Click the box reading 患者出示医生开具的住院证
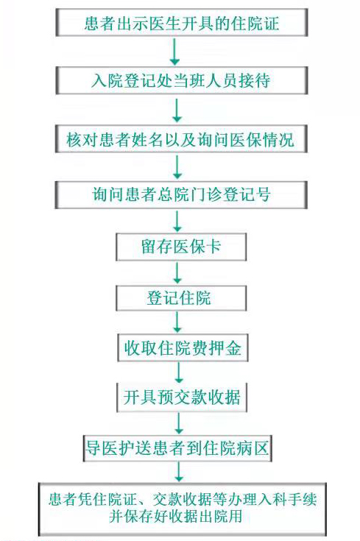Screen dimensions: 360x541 tap(182, 22)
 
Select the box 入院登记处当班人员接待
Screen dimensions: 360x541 tap(182, 80)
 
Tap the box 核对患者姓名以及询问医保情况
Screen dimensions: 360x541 tap(181, 138)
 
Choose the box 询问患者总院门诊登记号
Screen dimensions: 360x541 tap(181, 195)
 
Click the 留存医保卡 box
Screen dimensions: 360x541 tap(181, 247)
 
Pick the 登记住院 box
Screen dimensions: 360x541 tap(181, 298)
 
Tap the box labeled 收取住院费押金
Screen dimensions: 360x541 tap(183, 347)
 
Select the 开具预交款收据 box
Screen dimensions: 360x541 tap(182, 397)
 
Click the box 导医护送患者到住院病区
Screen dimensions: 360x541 tap(177, 448)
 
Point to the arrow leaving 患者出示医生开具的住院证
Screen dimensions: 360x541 tap(175, 52)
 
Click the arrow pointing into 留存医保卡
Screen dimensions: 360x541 tap(177, 221)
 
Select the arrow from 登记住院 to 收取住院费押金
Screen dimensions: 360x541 tap(177, 322)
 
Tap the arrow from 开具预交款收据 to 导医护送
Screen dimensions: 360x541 tap(179, 423)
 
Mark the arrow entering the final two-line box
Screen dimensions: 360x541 tap(179, 472)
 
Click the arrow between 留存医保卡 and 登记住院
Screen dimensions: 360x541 tap(177, 273)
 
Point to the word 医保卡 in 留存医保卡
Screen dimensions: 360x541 tap(197, 247)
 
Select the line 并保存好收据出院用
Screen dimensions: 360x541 tap(175, 517)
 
